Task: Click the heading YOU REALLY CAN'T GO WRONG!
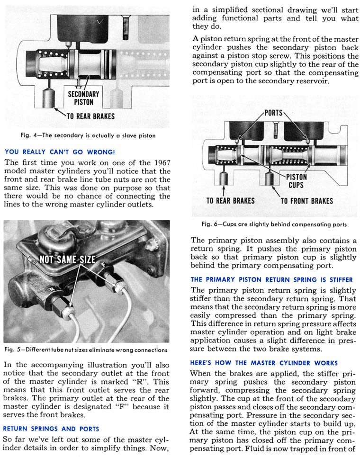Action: coord(59,152)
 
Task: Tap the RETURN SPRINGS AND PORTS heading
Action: coord(51,429)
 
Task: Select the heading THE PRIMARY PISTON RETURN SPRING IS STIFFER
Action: coord(271,279)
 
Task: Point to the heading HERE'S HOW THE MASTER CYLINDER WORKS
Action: coord(264,363)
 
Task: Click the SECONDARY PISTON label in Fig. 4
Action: coord(83,98)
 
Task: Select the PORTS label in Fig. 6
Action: coord(273,113)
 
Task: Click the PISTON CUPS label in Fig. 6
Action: coord(297,180)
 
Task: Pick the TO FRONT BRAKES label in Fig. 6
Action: coord(306,200)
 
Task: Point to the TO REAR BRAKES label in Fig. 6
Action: coord(230,200)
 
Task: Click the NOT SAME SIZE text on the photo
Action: coord(67,259)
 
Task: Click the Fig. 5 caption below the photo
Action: coord(85,350)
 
